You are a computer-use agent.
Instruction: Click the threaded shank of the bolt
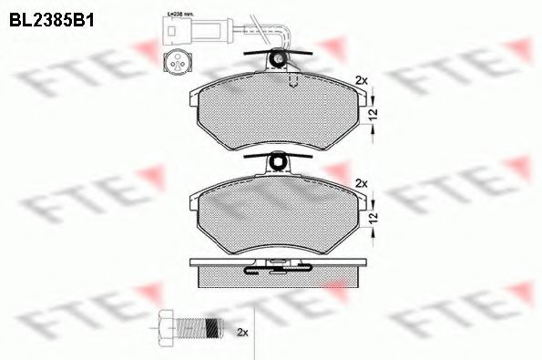[198, 326]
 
